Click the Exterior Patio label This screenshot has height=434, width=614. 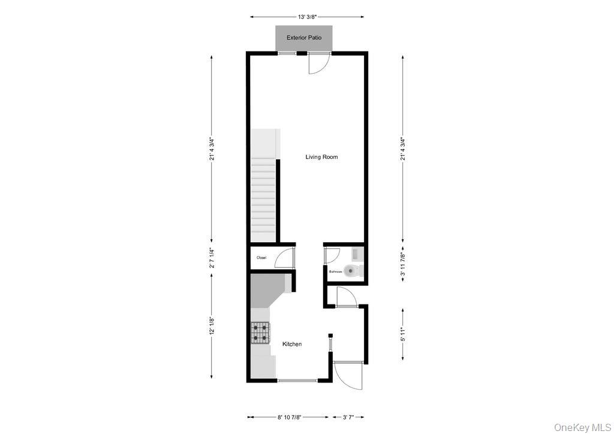(x=304, y=38)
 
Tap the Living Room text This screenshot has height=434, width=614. (x=321, y=157)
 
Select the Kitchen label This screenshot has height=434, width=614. (x=292, y=344)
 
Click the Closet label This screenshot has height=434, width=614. (x=261, y=258)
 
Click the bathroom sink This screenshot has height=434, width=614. (x=356, y=254)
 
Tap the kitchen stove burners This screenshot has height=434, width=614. (x=261, y=332)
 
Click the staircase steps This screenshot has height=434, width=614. (x=263, y=198)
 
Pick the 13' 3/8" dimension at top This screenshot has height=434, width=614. (x=306, y=17)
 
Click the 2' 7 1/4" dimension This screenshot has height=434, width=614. (x=211, y=258)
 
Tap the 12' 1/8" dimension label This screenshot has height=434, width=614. (x=211, y=327)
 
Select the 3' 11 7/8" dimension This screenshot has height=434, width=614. (x=403, y=264)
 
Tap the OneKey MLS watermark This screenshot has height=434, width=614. (x=582, y=427)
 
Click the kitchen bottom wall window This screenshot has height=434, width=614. (x=297, y=380)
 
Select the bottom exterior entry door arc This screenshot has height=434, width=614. (x=349, y=376)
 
